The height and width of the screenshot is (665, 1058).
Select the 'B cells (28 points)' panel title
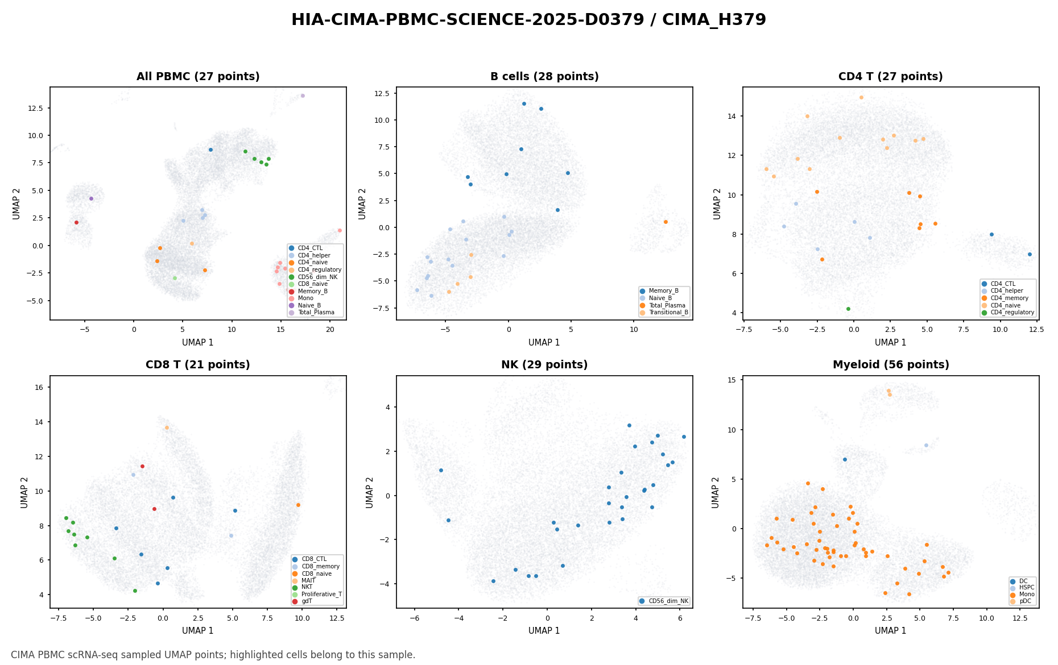coord(544,77)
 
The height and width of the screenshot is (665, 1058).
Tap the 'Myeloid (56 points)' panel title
coord(891,365)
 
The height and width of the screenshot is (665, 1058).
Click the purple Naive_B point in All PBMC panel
coord(91,198)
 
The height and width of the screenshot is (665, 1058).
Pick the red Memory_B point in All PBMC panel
coord(76,222)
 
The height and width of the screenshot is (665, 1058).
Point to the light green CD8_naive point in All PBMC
coord(175,278)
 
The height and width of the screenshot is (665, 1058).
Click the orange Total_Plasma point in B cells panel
coord(666,222)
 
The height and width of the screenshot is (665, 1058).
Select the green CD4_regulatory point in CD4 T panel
coord(848,309)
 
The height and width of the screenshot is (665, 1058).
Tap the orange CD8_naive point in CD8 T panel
coord(298,505)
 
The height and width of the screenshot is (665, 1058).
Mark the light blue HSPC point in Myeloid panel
coord(926,445)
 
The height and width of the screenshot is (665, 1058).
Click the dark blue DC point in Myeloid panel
coord(845,459)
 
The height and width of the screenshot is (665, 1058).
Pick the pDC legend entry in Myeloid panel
coord(1022,601)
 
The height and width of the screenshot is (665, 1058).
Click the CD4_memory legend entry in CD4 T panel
coord(1005,298)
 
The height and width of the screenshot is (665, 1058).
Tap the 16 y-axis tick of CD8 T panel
coord(41,387)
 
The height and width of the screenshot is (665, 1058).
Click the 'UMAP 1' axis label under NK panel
coord(544,630)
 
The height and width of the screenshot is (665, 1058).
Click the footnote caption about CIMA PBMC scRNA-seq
coord(213,655)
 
